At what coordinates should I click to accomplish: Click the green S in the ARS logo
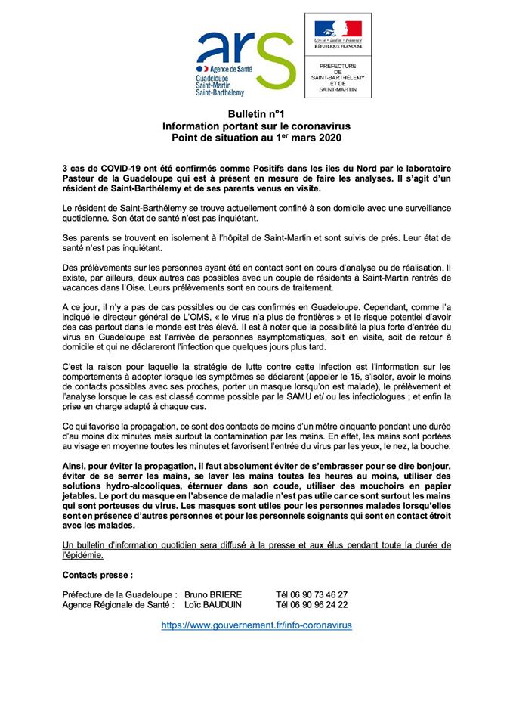pyautogui.click(x=275, y=63)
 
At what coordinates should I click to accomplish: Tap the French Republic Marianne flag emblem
pyautogui.click(x=338, y=30)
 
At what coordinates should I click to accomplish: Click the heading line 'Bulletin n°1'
pyautogui.click(x=256, y=113)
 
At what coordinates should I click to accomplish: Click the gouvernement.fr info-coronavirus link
pyautogui.click(x=256, y=625)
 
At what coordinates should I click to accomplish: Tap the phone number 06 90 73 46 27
pyautogui.click(x=312, y=594)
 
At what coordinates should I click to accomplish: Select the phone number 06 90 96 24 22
pyautogui.click(x=312, y=605)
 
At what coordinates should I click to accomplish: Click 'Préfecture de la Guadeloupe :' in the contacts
pyautogui.click(x=120, y=594)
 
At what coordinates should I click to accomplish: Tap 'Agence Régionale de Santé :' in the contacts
pyautogui.click(x=118, y=605)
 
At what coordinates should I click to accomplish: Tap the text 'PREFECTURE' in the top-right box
pyautogui.click(x=338, y=67)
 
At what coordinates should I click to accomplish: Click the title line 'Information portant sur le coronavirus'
pyautogui.click(x=256, y=126)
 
